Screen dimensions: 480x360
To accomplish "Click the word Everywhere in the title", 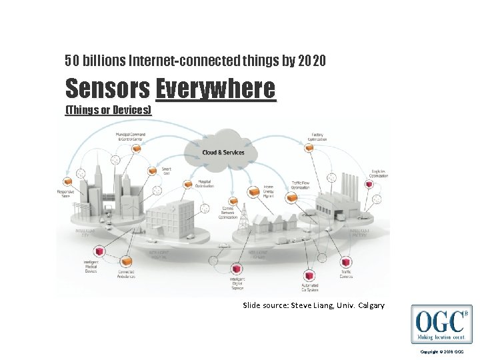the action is tap(215, 88).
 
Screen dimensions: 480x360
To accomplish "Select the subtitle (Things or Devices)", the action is tap(108, 109).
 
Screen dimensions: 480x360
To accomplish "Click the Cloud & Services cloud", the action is tap(223, 152).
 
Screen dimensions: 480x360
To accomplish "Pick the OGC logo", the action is tap(441, 325).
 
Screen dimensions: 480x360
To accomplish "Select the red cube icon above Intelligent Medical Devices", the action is tap(99, 251).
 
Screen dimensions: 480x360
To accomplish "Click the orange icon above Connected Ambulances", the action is tap(127, 261).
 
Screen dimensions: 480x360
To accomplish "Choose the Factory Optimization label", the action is tap(317, 137).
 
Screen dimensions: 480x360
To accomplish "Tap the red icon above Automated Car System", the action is tap(309, 275).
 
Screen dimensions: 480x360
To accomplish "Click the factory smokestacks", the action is tap(349, 185).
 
